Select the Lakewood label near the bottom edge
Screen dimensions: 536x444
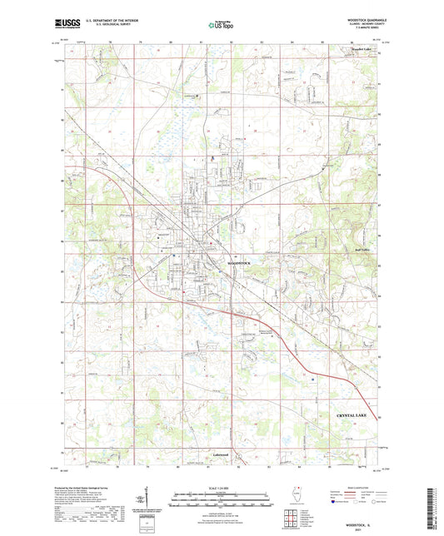click(220, 455)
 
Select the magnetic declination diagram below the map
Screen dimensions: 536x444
click(154, 499)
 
